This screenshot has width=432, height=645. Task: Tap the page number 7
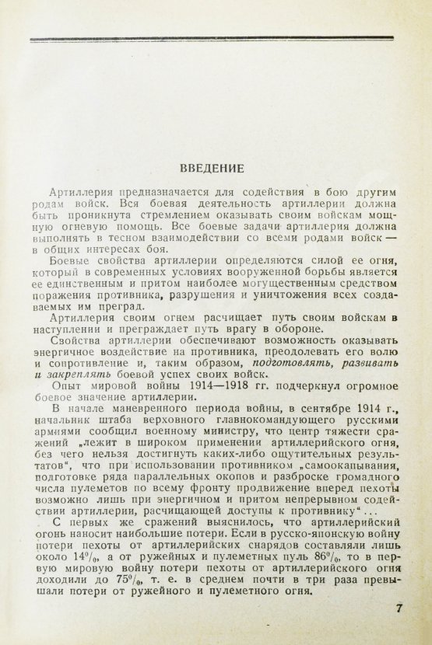click(399, 609)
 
